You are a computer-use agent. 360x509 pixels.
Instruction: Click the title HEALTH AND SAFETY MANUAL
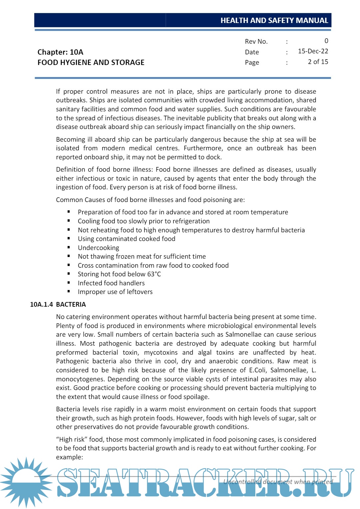point(274,21)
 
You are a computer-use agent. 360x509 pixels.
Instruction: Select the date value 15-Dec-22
point(313,51)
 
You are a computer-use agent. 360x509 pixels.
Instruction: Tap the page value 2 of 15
point(318,62)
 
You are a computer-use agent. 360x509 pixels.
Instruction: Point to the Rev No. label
point(256,42)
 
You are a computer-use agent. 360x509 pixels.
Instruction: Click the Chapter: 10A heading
point(60,52)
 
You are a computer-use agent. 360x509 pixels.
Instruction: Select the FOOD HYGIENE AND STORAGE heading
point(91,63)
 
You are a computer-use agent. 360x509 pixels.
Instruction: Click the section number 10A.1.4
point(41,305)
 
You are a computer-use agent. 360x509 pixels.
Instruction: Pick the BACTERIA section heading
point(71,305)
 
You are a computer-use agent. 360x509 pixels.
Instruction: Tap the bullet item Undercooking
point(98,248)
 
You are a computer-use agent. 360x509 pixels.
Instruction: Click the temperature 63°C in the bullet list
point(154,274)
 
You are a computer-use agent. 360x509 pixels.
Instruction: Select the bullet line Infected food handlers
point(111,283)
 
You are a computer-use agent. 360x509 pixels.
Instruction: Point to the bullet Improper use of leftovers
point(115,292)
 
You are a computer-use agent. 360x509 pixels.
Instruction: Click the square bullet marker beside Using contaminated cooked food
point(69,239)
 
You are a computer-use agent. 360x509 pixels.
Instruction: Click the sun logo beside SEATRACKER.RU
point(26,482)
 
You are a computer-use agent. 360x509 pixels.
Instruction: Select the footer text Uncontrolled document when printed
point(278,482)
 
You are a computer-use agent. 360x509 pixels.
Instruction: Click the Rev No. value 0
point(326,41)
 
